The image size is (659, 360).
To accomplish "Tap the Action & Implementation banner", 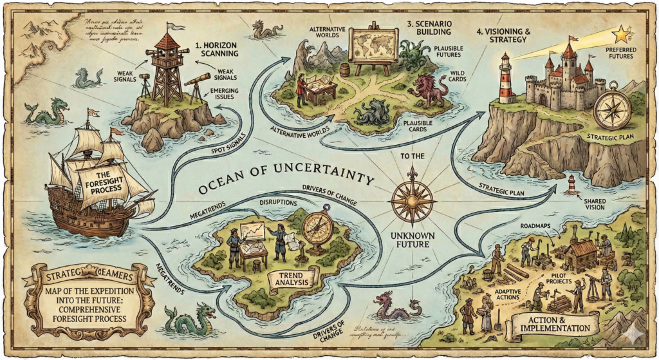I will tap(551, 323).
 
